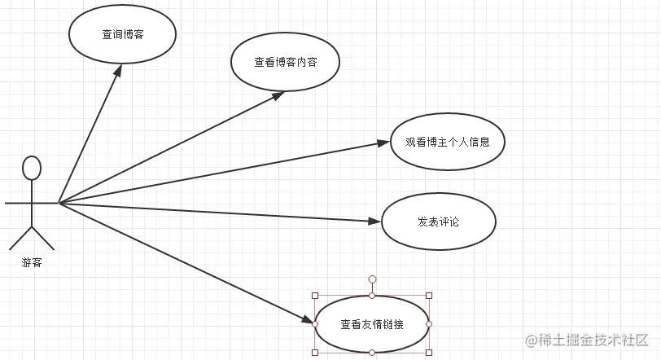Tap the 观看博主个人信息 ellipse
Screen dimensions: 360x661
447,142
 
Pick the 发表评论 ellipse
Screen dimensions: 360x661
438,222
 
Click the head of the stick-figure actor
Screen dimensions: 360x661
32,167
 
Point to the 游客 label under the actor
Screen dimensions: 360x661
32,263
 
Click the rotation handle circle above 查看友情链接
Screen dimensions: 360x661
372,279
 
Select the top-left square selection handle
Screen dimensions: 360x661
315,296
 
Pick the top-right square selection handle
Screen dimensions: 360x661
429,296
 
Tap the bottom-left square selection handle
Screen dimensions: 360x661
315,352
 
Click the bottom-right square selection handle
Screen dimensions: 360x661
429,352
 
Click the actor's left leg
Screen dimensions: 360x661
21,238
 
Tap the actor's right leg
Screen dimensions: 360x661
43,238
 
